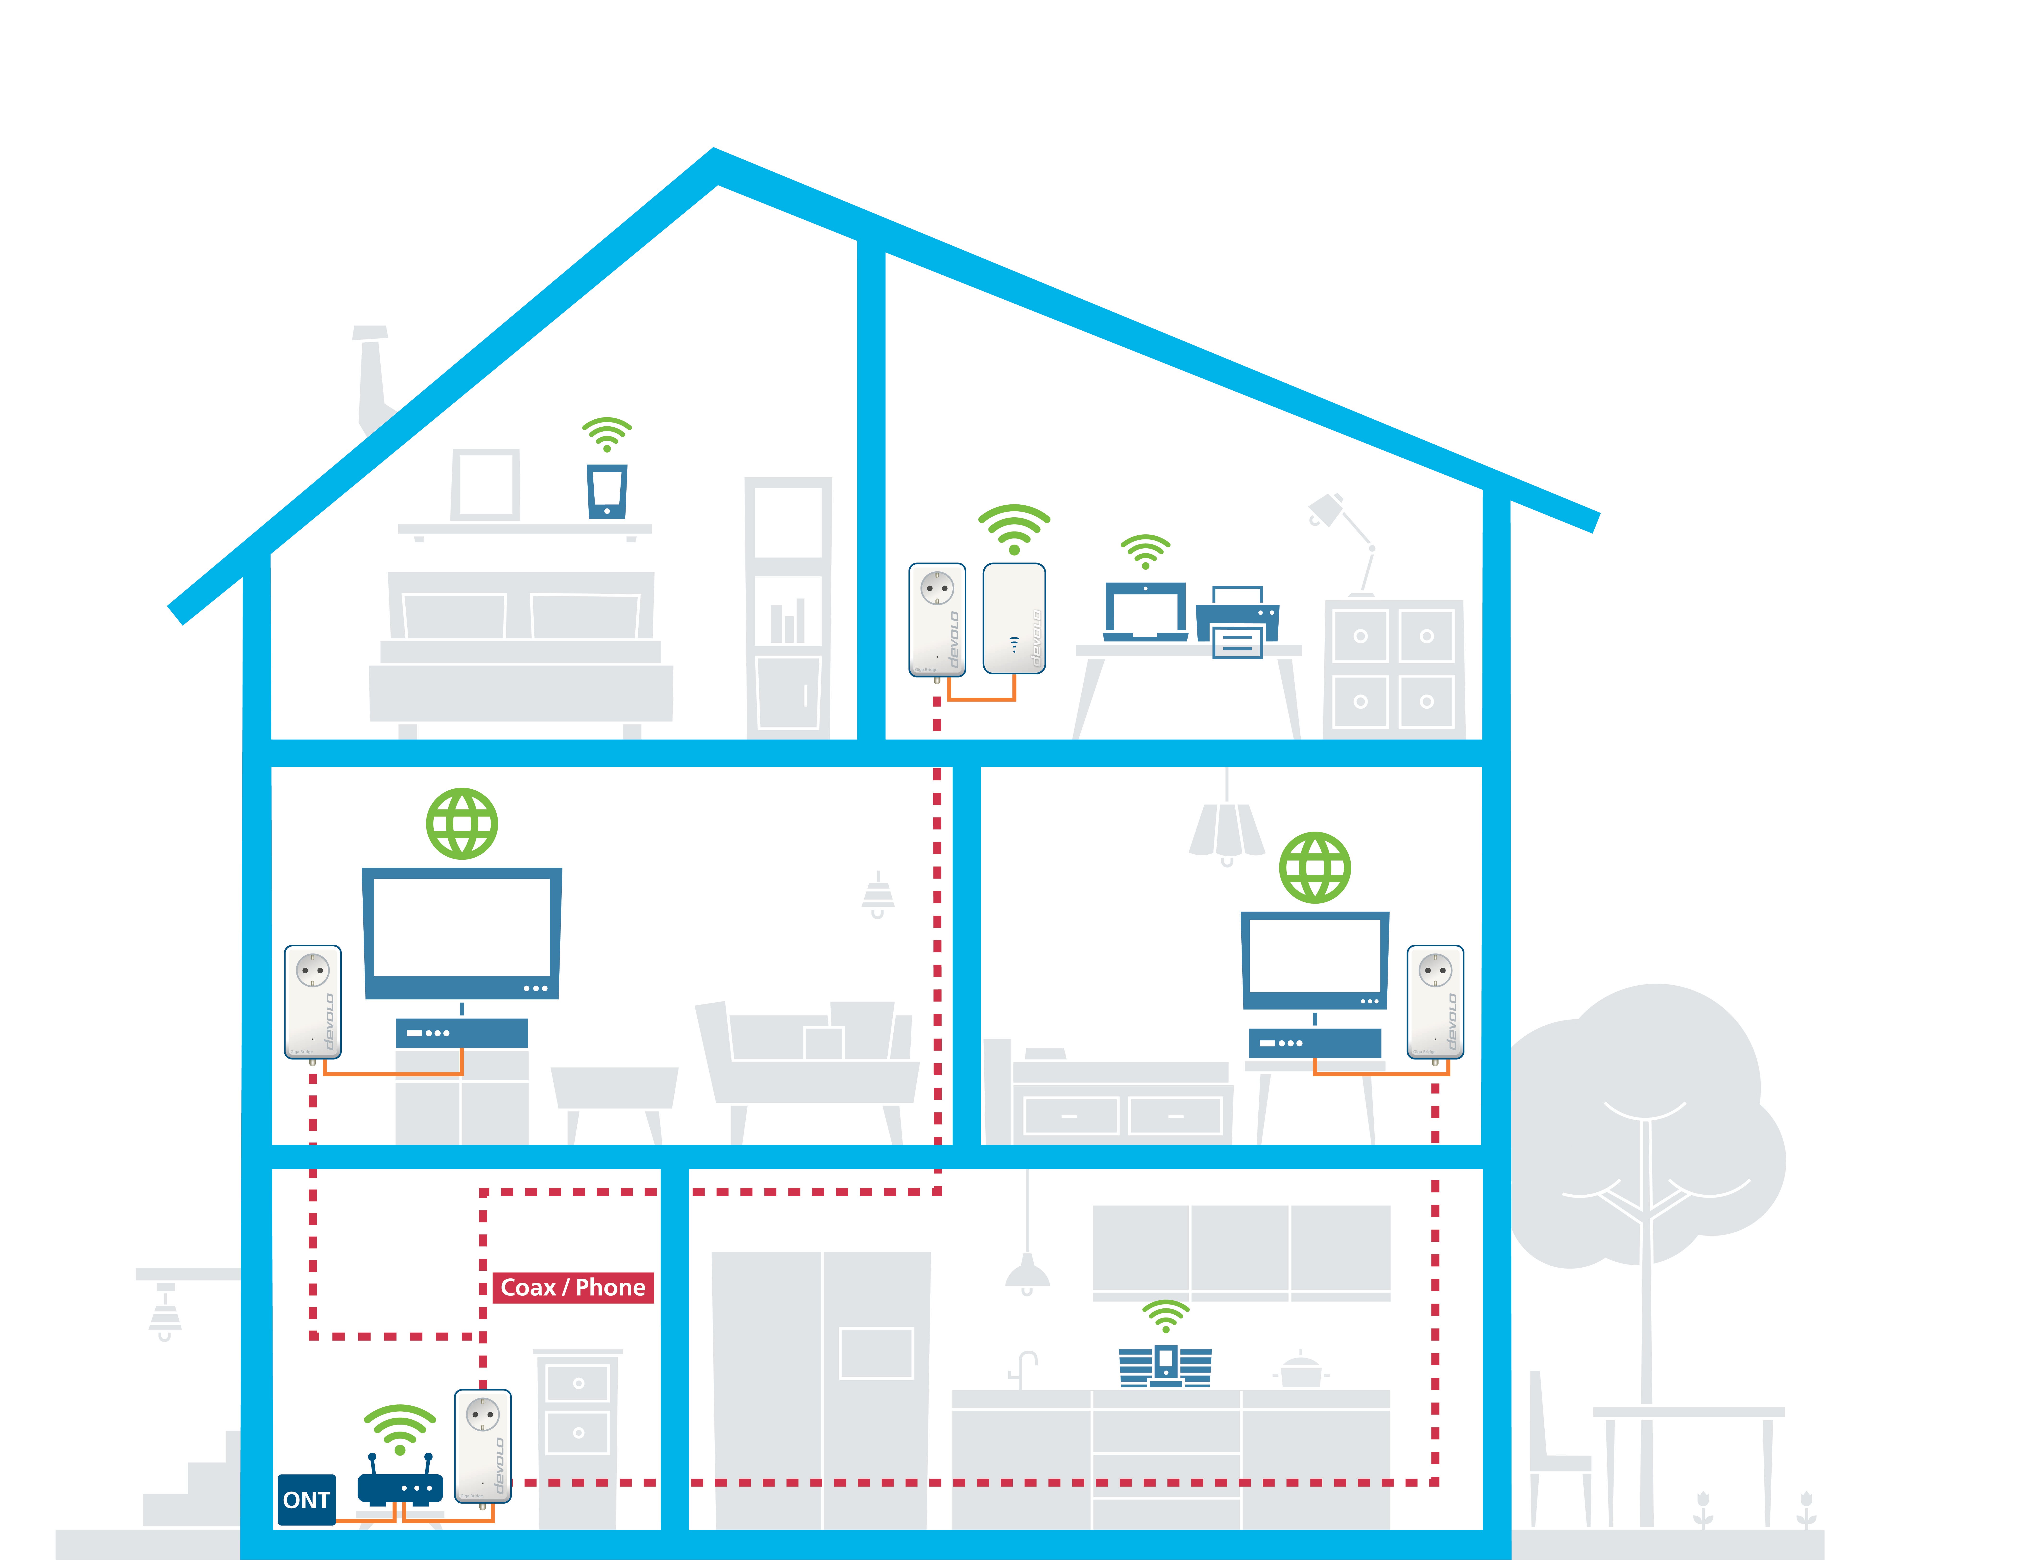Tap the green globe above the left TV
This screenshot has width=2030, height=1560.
462,824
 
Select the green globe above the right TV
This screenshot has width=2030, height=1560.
1314,867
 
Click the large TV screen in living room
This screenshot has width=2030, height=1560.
462,931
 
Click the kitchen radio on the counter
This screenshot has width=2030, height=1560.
1165,1365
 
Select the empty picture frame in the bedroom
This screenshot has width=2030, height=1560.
485,485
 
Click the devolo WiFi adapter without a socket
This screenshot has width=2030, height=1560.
1014,617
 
